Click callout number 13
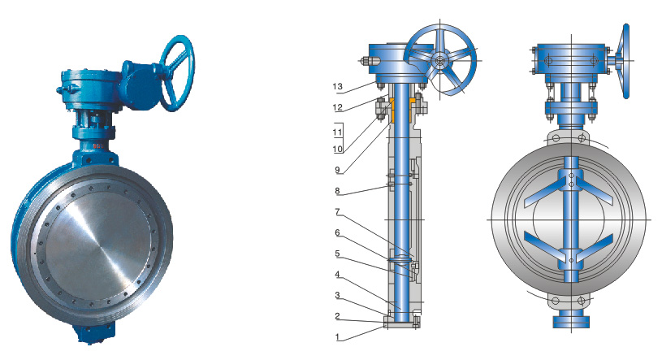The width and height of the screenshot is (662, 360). coord(337,87)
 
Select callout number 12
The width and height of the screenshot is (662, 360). coord(337,107)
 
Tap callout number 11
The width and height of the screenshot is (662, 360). coord(337,132)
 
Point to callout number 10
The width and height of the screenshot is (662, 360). coord(337,149)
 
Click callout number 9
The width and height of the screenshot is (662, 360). coord(337,170)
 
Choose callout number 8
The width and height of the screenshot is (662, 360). coord(337,190)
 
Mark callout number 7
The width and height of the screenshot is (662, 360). coord(337,211)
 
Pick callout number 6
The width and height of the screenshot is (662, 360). coord(337,232)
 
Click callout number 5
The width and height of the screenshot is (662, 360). coord(337,254)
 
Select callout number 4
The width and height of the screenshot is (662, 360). coord(337,274)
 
